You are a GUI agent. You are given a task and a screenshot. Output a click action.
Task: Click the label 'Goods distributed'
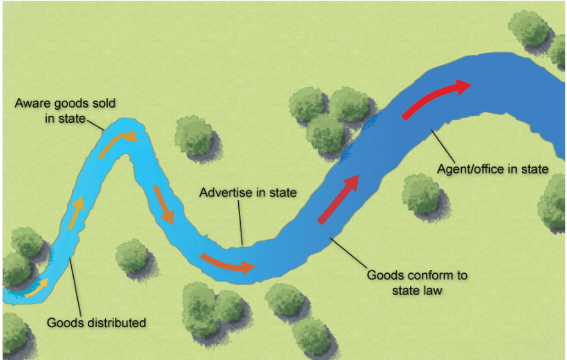[96, 323]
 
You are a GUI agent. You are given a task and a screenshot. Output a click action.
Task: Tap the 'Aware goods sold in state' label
[64, 111]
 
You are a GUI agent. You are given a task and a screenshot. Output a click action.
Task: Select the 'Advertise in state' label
[248, 192]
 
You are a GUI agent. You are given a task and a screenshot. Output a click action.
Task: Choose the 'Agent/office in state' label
[492, 169]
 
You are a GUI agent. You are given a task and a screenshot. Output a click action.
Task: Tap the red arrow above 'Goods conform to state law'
[339, 198]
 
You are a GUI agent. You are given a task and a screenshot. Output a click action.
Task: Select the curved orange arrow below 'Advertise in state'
[227, 263]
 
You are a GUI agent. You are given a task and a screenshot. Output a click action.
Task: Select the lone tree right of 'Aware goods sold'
[195, 135]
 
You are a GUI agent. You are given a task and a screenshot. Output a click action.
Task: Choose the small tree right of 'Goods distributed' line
[132, 256]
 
